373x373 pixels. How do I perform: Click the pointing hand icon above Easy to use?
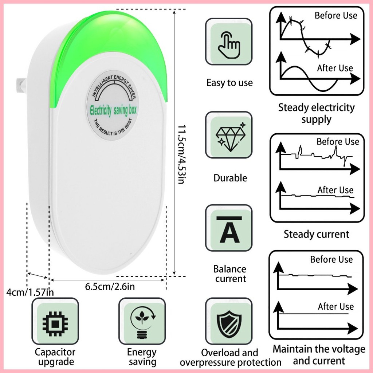[229, 45]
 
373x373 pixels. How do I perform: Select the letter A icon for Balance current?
[229, 229]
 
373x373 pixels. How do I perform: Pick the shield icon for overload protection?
[229, 323]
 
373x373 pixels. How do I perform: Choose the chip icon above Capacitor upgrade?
[55, 323]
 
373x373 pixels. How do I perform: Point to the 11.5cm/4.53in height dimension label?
[182, 154]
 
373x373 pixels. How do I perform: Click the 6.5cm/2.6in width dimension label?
[110, 286]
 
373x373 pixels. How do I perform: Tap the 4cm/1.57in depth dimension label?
[30, 292]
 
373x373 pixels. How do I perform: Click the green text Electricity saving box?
[113, 110]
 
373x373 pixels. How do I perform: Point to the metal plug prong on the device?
[21, 85]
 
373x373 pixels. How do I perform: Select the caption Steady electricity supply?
[317, 114]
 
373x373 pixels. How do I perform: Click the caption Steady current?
[317, 234]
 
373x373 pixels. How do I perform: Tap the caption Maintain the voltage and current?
[319, 355]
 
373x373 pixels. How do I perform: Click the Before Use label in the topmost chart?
[336, 15]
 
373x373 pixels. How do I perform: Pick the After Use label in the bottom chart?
[336, 307]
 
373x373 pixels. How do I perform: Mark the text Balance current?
[230, 274]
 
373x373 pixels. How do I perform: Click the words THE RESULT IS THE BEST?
[112, 127]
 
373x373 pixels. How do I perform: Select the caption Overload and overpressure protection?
[231, 358]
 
